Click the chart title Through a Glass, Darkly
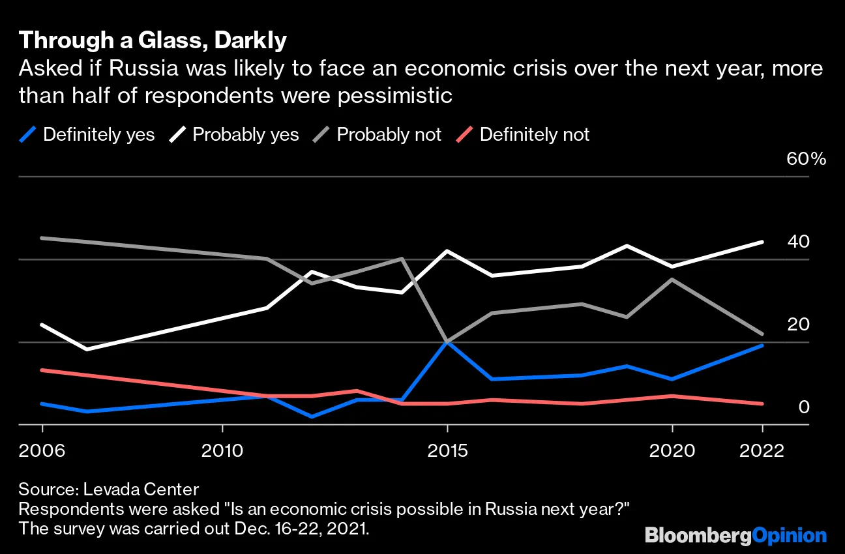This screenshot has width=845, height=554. pos(153,41)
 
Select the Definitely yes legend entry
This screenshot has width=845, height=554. pos(87,135)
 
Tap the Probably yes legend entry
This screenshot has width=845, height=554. pos(234,135)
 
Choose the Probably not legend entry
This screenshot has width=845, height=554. pos(378,135)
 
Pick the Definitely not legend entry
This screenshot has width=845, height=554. pos(522,135)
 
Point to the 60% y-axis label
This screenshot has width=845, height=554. pos(807,159)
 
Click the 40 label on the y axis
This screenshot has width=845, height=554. pos(798,242)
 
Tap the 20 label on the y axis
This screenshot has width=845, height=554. pos(798,325)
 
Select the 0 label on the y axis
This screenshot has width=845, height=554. pos(803,407)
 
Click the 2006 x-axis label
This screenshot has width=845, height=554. pos(42,450)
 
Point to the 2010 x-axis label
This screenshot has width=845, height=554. pos(222,450)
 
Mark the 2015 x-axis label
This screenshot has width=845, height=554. pos(447,450)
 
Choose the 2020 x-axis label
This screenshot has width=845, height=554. pos(672,450)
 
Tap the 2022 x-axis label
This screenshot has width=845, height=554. pos(762,450)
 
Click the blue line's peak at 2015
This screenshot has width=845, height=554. pos(447,342)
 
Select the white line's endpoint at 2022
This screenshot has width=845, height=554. pos(762,242)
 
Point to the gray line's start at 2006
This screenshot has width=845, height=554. pos(42,238)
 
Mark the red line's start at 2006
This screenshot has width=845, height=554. pos(42,370)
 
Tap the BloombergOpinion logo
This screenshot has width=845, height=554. pos(735,536)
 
